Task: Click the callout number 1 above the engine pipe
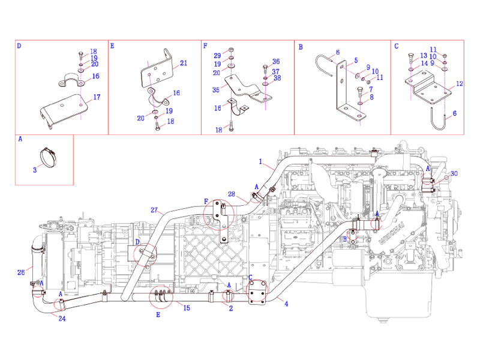(x=261, y=161)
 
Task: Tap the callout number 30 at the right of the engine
(x=454, y=173)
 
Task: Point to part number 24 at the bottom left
(x=61, y=318)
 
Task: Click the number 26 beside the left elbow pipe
(x=21, y=272)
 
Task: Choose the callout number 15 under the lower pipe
(x=187, y=308)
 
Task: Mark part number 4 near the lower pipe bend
(x=286, y=304)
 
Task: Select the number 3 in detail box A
(x=35, y=170)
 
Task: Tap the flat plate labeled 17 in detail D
(x=63, y=112)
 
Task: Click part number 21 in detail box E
(x=183, y=63)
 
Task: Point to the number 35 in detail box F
(x=215, y=89)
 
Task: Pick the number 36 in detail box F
(x=275, y=62)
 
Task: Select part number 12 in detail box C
(x=459, y=84)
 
